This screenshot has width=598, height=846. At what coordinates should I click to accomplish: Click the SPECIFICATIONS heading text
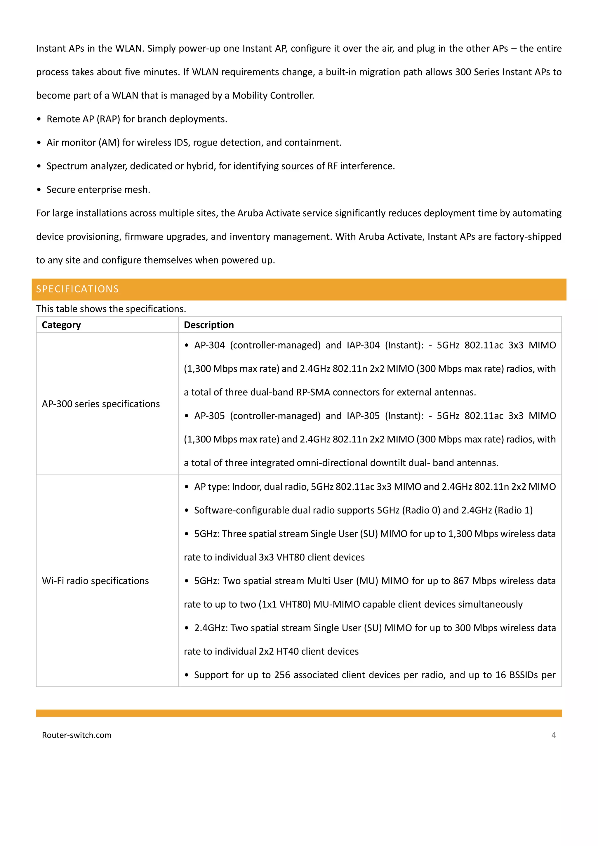coord(77,289)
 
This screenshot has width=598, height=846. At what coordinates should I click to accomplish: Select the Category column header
coord(61,325)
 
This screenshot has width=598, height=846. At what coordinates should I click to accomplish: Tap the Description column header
coord(209,325)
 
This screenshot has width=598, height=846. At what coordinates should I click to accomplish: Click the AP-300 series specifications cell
coord(100,404)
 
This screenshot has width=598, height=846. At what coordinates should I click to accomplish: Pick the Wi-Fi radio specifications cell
coord(95,581)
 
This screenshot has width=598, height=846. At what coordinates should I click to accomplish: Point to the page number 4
coord(553,735)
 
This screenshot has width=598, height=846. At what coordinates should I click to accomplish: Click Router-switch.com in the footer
coord(77,735)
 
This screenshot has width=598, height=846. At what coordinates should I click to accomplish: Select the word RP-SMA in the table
coord(313,392)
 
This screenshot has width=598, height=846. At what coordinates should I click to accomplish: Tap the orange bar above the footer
coord(299,713)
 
